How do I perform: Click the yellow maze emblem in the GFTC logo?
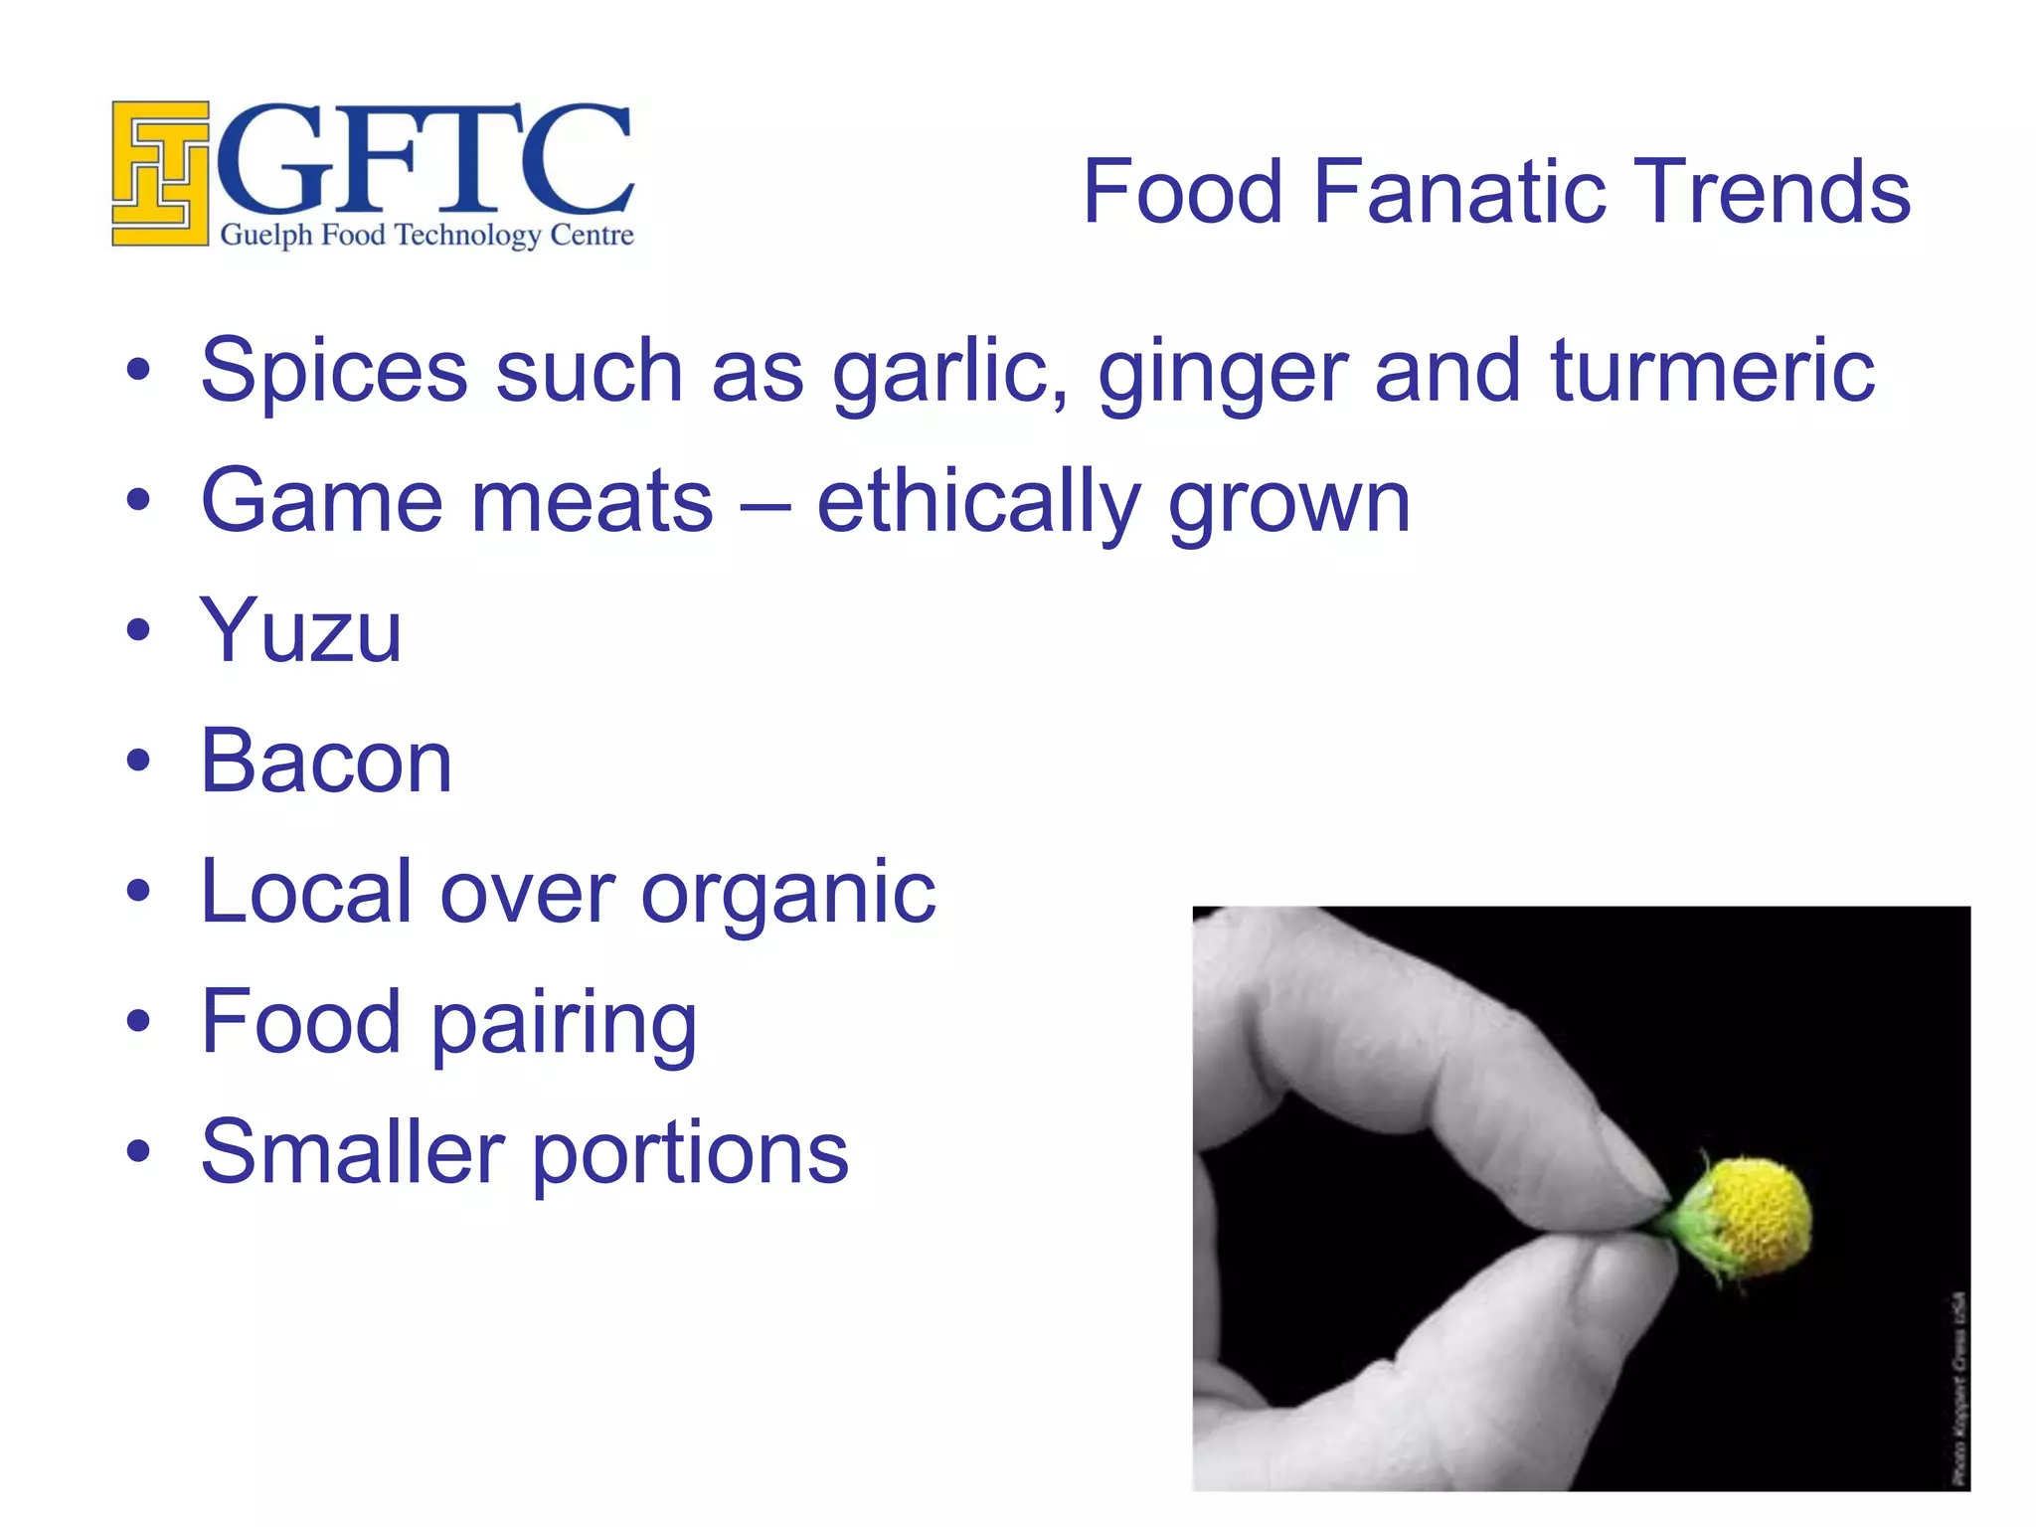[160, 173]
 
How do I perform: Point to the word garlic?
[949, 373]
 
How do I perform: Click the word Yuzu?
[301, 630]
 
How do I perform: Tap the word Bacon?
[326, 762]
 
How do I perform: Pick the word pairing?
[565, 1025]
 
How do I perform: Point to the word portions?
[690, 1154]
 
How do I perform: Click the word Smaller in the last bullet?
[352, 1152]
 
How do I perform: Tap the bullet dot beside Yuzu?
[139, 630]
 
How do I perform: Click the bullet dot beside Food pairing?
[139, 1021]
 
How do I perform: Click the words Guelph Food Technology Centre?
[426, 236]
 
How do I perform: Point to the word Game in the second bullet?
[321, 501]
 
